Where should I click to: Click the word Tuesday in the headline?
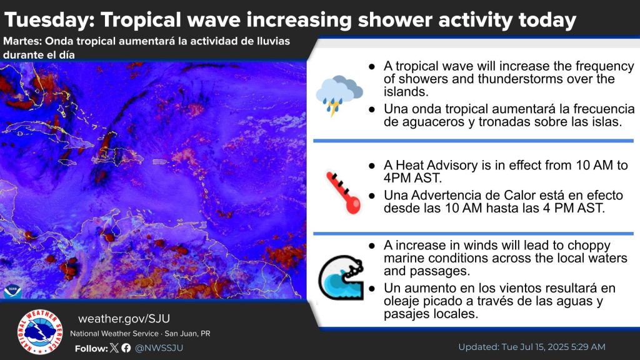click(49, 19)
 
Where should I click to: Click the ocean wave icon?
click(341, 277)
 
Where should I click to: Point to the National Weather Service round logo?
click(40, 332)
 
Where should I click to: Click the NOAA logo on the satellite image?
click(12, 290)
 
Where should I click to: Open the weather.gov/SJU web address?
click(124, 318)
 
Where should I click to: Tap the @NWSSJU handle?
click(159, 347)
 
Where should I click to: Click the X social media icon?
click(114, 347)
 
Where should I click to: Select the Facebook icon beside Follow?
click(126, 347)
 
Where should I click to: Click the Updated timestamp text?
click(532, 347)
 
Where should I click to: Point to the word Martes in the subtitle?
click(22, 41)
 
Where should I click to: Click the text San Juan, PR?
click(187, 334)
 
